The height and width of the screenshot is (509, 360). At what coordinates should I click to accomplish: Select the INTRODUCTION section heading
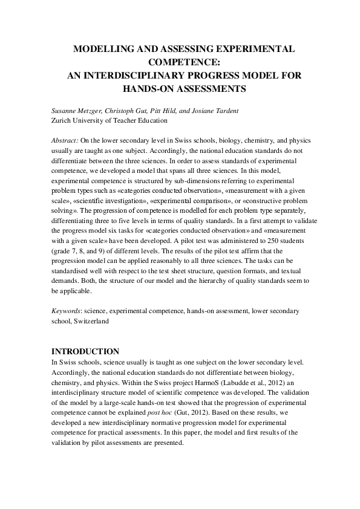click(x=85, y=351)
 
